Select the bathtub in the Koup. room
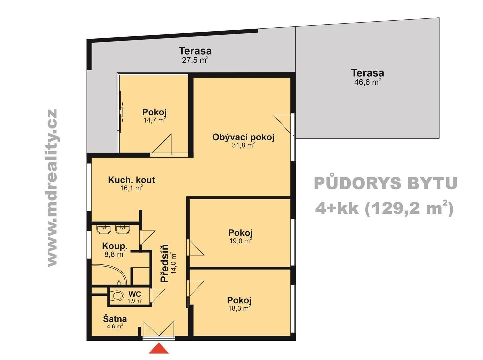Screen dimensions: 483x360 [109, 275]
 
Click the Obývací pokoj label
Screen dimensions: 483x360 [243, 138]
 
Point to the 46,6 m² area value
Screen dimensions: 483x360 [367, 82]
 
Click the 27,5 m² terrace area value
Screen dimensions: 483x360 [195, 60]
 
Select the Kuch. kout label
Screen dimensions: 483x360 [131, 180]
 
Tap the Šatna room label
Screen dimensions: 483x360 [115, 319]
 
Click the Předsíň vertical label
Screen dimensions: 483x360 [165, 263]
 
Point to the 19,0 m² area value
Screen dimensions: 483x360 [241, 241]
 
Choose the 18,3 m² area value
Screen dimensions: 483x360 [239, 308]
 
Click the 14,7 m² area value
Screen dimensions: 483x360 [154, 120]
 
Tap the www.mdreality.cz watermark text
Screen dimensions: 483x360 [52, 188]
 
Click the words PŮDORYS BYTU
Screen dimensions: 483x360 [386, 183]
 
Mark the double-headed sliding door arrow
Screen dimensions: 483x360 [122, 112]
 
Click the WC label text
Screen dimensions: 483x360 [135, 294]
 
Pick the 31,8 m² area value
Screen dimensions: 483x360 [243, 145]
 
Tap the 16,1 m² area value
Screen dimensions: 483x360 [132, 188]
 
